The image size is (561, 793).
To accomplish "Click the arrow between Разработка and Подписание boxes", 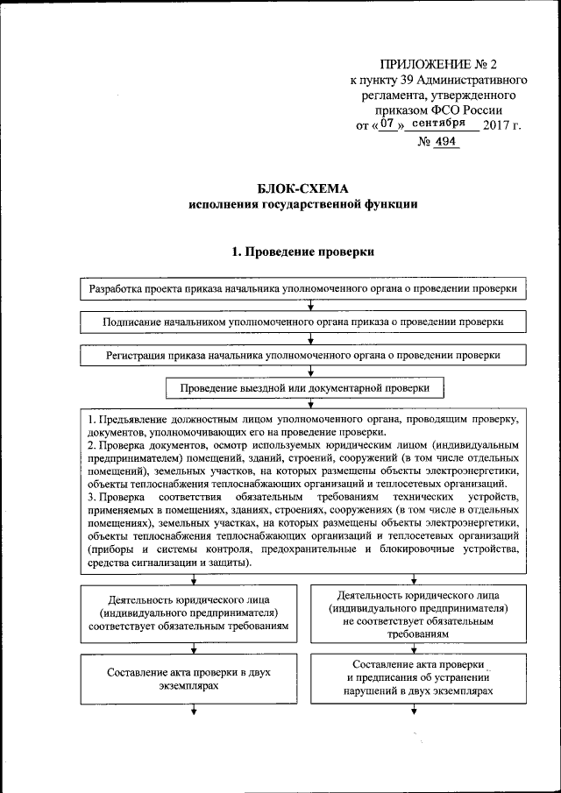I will click(x=311, y=305).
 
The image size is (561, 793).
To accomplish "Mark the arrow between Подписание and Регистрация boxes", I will click(x=311, y=339).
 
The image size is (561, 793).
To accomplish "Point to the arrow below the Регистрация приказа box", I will click(x=311, y=372).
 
